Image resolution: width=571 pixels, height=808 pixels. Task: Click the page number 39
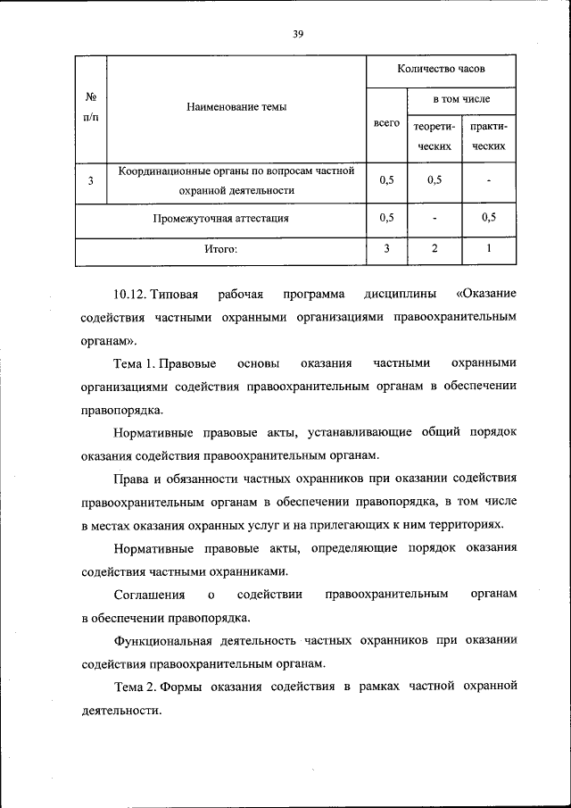298,34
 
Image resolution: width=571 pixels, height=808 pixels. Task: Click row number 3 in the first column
91,180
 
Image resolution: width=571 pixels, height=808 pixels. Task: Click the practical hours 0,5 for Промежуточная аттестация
489,217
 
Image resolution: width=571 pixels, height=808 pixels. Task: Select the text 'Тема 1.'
136,363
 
